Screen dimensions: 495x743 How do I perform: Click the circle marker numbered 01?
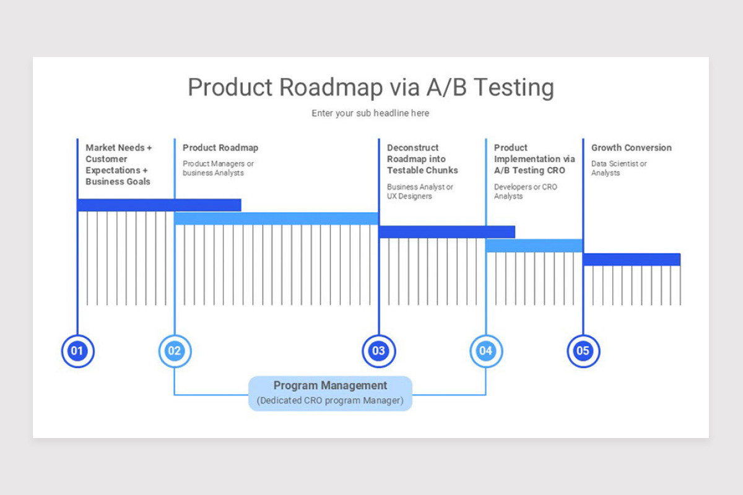(x=77, y=351)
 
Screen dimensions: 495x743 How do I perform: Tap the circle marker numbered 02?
(x=175, y=351)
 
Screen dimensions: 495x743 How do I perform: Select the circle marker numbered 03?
(x=378, y=351)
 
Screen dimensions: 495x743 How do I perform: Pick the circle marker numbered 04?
(x=485, y=351)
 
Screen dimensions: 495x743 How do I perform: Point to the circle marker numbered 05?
(x=583, y=351)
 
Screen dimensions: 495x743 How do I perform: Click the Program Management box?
(x=330, y=393)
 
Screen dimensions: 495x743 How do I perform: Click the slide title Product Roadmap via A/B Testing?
(x=370, y=87)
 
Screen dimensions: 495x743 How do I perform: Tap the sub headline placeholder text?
(x=370, y=113)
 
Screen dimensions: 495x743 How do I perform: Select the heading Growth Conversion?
(x=631, y=148)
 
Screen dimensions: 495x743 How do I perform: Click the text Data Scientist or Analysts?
(x=619, y=168)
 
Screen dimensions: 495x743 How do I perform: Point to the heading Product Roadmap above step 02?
(x=220, y=148)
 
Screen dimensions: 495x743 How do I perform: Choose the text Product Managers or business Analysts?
(x=218, y=168)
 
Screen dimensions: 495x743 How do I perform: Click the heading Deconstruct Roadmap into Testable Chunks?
(x=422, y=159)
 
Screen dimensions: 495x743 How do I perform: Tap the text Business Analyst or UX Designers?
(x=420, y=192)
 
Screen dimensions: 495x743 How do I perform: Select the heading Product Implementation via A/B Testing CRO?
(x=534, y=159)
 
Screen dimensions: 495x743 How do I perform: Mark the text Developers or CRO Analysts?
(x=525, y=192)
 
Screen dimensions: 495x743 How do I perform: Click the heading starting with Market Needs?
(x=118, y=165)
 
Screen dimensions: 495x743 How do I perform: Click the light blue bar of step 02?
(x=276, y=218)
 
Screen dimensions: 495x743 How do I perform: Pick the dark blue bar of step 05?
(x=632, y=259)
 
